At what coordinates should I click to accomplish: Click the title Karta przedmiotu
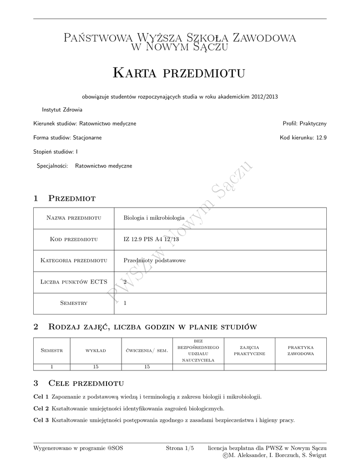click(179, 72)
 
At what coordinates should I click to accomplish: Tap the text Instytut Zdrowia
click(62, 110)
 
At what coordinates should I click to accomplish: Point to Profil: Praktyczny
click(304, 123)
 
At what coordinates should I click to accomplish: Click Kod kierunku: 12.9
click(303, 137)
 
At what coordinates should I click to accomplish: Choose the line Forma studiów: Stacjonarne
click(68, 137)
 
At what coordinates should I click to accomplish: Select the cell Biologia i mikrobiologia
click(154, 218)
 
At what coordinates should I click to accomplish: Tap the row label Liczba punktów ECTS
click(74, 282)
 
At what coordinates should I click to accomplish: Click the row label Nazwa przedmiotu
click(74, 218)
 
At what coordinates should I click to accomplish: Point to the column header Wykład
click(96, 351)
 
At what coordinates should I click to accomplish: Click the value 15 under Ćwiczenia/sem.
click(147, 367)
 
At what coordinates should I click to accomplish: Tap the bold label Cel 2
click(41, 408)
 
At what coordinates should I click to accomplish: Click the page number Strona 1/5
click(180, 448)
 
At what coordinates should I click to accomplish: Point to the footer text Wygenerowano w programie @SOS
click(78, 448)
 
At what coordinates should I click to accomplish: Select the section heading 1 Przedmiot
click(64, 198)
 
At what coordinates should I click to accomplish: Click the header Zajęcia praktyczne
click(249, 351)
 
